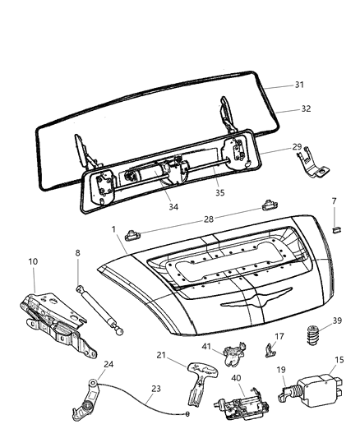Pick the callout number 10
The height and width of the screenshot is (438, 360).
[34, 261]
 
